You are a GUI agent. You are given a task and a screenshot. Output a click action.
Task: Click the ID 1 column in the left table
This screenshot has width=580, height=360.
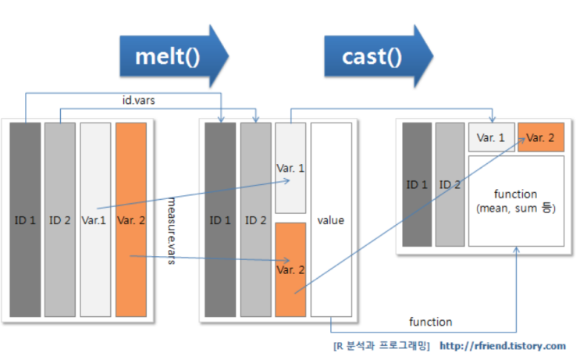pyautogui.click(x=25, y=220)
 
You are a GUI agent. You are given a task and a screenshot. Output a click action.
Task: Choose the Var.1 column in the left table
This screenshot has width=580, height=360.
pyautogui.click(x=94, y=220)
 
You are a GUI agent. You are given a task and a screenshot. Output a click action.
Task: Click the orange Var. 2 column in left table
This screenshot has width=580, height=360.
pyautogui.click(x=130, y=220)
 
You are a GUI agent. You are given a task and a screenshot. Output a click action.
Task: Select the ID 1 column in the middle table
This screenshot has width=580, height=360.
pyautogui.click(x=219, y=220)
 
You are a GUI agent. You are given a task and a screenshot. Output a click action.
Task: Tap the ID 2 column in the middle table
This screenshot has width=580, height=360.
pyautogui.click(x=254, y=220)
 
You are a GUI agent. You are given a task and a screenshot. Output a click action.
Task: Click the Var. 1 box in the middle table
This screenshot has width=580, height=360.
pyautogui.click(x=290, y=168)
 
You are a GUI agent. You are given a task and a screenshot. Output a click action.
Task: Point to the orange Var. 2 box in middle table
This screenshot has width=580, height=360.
pyautogui.click(x=290, y=269)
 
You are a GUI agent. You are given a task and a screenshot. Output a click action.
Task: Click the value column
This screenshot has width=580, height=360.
pyautogui.click(x=331, y=220)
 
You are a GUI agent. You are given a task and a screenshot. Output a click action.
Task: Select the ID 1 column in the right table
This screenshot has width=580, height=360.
pyautogui.click(x=417, y=184)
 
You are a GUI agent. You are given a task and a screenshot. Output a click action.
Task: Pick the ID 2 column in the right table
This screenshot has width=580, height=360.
pyautogui.click(x=449, y=184)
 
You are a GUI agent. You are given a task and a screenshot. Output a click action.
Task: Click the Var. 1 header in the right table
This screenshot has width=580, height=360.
pyautogui.click(x=491, y=137)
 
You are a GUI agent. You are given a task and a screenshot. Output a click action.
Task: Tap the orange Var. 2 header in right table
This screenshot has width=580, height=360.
pyautogui.click(x=540, y=137)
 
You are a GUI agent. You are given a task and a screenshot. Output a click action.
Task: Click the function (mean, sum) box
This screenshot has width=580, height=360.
pyautogui.click(x=515, y=201)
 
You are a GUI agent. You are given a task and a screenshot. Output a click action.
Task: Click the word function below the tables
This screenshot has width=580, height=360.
pyautogui.click(x=431, y=322)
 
